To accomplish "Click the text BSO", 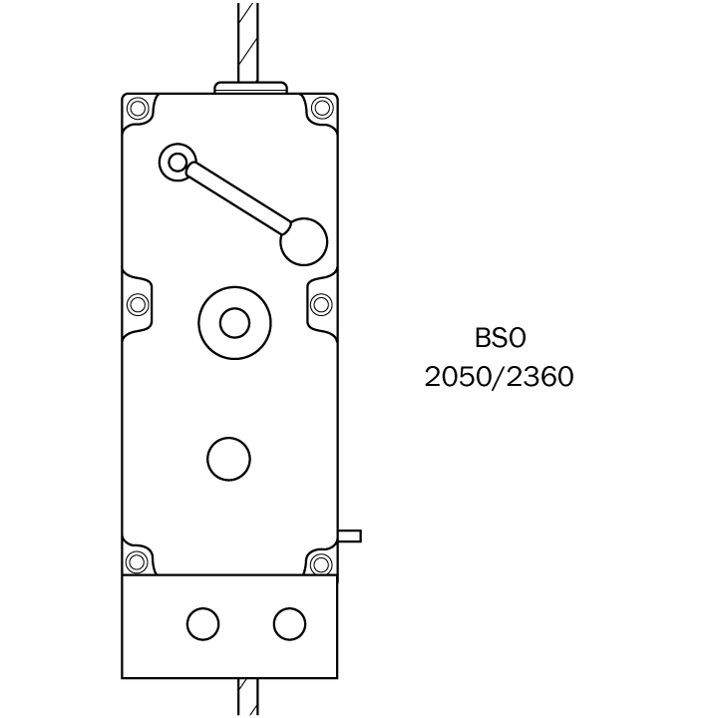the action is click(x=500, y=338).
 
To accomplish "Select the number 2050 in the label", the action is click(x=458, y=377).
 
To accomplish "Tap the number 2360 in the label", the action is click(x=540, y=377).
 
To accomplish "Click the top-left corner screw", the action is click(x=138, y=109).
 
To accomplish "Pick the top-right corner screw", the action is click(x=322, y=108).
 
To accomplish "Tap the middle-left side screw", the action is click(x=138, y=304).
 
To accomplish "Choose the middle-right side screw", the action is click(x=321, y=304).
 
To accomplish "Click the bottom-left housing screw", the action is click(x=137, y=562).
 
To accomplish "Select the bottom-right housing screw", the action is click(x=321, y=564).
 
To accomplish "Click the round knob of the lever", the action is click(x=304, y=241).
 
